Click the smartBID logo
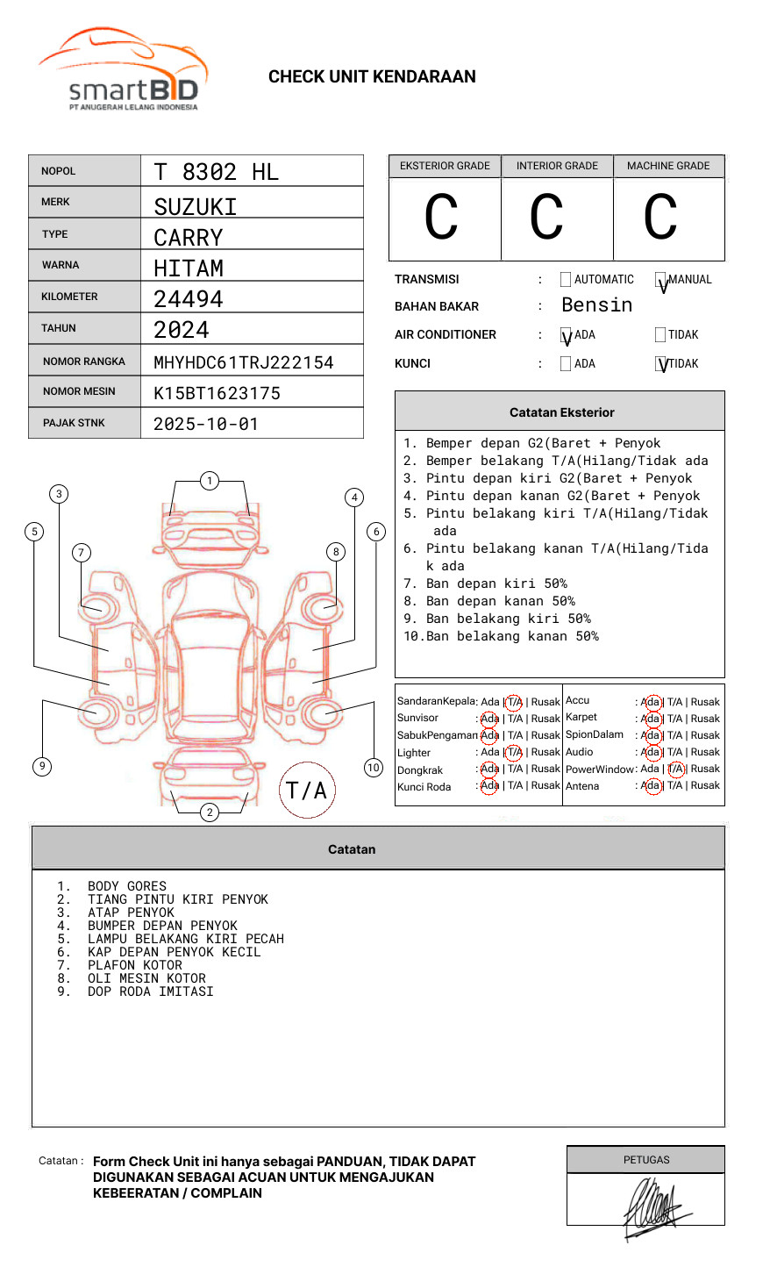coord(123,70)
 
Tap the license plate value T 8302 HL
coord(216,172)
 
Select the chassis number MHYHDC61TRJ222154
coord(243,362)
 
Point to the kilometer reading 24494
coord(189,299)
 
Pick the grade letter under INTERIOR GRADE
coord(546,218)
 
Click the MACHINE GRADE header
coord(668,166)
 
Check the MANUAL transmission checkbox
coord(660,280)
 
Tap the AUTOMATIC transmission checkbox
coord(566,280)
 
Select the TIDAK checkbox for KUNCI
coord(660,363)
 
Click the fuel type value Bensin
coord(596,305)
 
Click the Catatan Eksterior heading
coord(561,412)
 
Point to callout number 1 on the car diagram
coord(209,480)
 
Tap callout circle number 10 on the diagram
coord(374,768)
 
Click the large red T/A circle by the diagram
coord(306,791)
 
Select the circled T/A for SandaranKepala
coord(514,702)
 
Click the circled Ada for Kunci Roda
coord(489,785)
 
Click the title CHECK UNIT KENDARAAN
coord(372,77)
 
